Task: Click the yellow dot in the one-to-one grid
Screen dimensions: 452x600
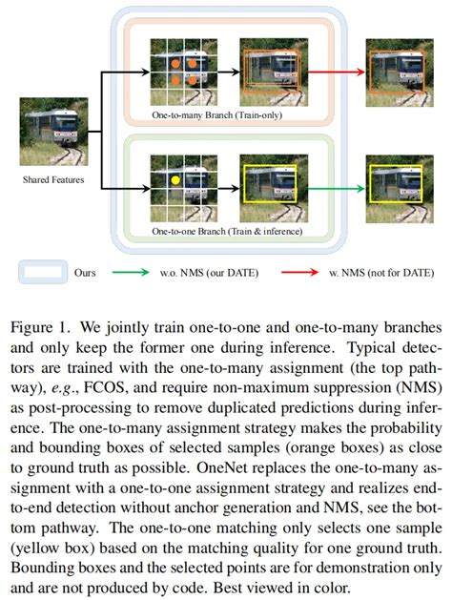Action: [x=175, y=180]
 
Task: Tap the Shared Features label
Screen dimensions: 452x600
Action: [x=53, y=179]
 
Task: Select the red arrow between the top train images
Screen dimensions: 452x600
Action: [x=337, y=72]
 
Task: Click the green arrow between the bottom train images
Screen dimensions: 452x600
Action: [x=337, y=188]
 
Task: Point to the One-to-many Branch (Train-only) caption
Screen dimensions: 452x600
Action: [x=216, y=114]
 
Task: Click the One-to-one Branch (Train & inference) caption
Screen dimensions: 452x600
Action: [x=227, y=231]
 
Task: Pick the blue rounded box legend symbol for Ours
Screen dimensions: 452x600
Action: [x=43, y=272]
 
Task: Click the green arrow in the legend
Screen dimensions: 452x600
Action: [x=131, y=272]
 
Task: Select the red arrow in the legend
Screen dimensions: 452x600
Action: [x=299, y=272]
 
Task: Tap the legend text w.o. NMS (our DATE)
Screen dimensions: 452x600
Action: [x=209, y=273]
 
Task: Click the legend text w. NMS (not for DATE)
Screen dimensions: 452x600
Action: [x=381, y=273]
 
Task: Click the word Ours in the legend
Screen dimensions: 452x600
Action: [x=85, y=273]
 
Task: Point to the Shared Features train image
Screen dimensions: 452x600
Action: [x=54, y=132]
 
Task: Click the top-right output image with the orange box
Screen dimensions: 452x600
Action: [x=400, y=72]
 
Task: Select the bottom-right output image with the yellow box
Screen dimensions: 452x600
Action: [x=400, y=189]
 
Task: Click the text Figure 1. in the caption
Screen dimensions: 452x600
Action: [x=41, y=328]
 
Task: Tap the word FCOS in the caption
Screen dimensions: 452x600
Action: [x=104, y=388]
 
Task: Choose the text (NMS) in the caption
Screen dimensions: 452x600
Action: [x=420, y=388]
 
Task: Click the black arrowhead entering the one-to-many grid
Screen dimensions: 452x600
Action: [x=146, y=72]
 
